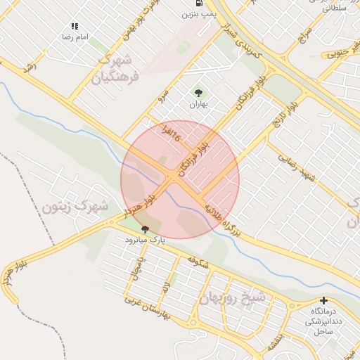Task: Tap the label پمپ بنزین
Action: pos(199,13)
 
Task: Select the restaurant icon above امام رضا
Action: pos(75,26)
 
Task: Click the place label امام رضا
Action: pos(75,36)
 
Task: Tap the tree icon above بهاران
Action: pos(198,92)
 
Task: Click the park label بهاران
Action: pos(198,104)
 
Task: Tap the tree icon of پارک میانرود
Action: pos(145,229)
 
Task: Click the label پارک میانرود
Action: pos(145,240)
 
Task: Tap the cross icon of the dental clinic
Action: pos(323,301)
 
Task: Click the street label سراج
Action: pos(304,37)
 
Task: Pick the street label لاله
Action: pos(166,287)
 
